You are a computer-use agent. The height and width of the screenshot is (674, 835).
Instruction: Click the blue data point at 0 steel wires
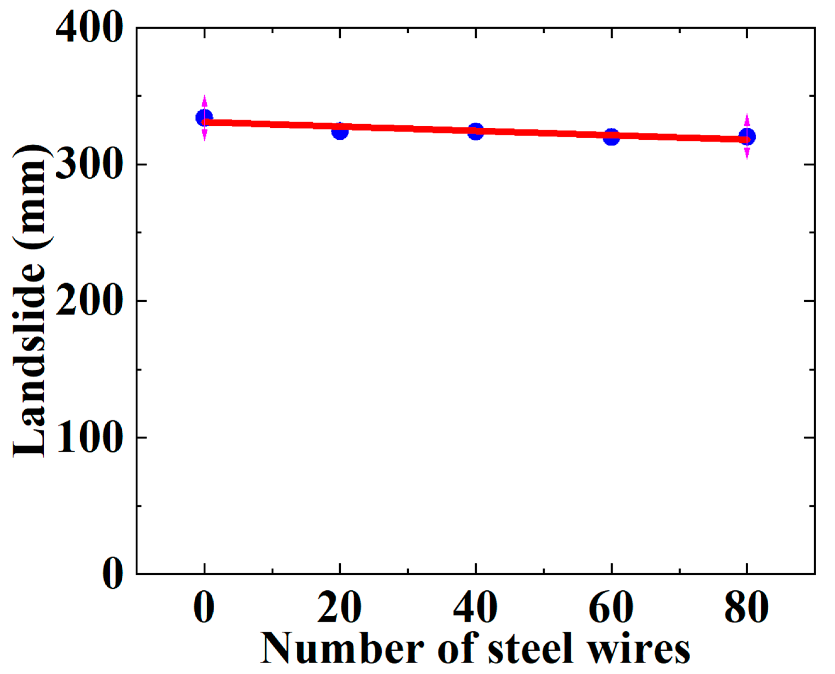point(204,117)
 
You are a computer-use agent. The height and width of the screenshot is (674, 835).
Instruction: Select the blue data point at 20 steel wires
point(340,131)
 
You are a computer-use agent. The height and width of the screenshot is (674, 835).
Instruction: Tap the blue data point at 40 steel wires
point(476,131)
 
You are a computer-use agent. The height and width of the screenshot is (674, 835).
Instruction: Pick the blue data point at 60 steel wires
point(612,137)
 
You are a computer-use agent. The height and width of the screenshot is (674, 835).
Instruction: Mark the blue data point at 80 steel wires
point(747,137)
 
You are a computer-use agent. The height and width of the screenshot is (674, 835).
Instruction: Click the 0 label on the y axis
point(113,574)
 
